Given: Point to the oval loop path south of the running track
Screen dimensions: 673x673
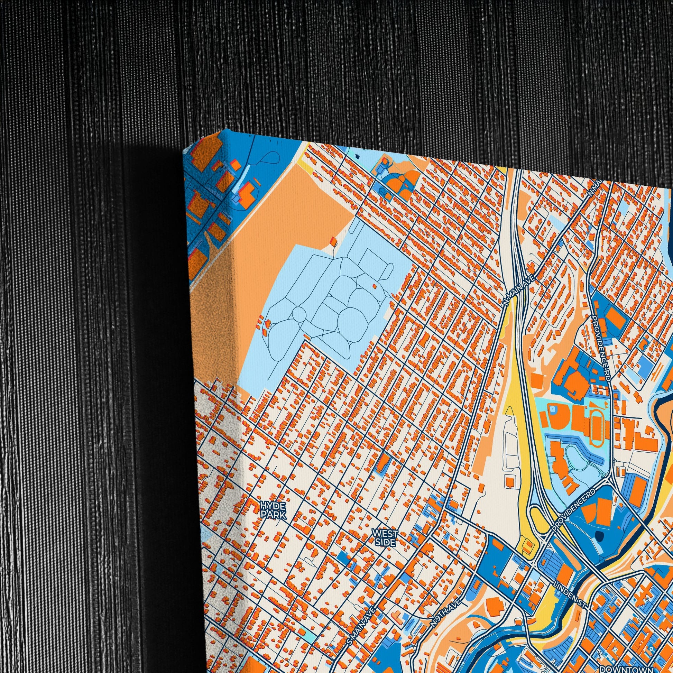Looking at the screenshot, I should (577, 455).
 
